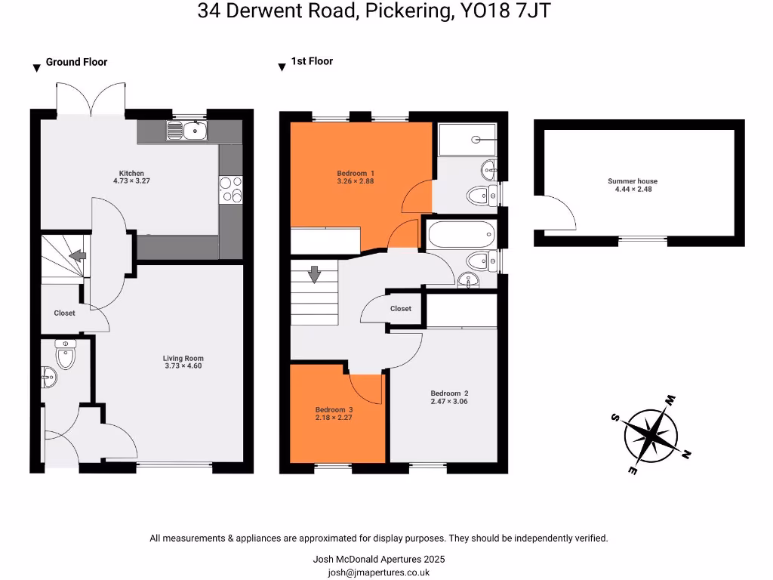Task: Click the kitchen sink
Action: pos(186,132)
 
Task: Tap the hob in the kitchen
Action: pos(230,189)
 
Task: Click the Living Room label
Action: pos(183,359)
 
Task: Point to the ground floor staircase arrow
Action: pos(78,257)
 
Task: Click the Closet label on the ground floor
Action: pos(64,313)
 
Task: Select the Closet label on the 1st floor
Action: pos(401,308)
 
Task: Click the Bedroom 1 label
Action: pos(355,173)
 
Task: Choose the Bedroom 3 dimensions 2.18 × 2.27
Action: pos(334,417)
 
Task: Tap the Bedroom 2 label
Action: pos(449,393)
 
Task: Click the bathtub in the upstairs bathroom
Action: pos(460,235)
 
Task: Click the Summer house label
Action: pos(633,181)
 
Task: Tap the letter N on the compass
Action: pos(686,455)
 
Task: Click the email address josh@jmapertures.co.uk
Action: pos(378,572)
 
